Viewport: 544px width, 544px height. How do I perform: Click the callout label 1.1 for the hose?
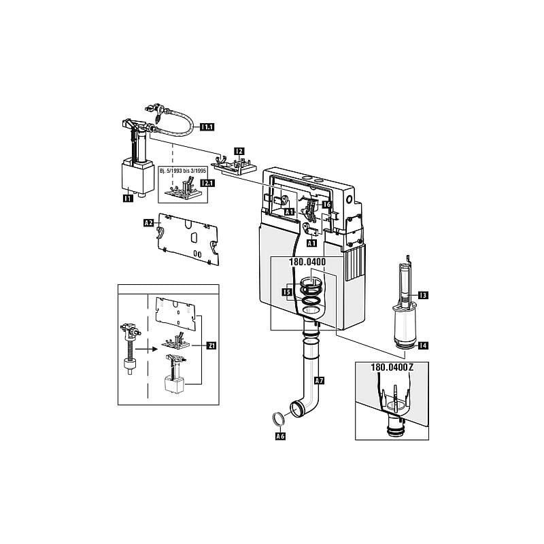pyautogui.click(x=205, y=126)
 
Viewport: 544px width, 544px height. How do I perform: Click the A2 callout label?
pyautogui.click(x=148, y=222)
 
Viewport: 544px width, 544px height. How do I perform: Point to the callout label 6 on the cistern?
pyautogui.click(x=326, y=204)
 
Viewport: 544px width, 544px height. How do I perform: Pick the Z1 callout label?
pyautogui.click(x=211, y=345)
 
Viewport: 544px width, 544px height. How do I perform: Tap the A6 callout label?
pyautogui.click(x=278, y=437)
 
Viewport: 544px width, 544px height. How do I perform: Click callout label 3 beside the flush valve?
pyautogui.click(x=422, y=294)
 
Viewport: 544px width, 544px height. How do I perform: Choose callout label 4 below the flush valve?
pyautogui.click(x=423, y=345)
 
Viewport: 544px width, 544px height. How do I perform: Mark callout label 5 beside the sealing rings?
pyautogui.click(x=287, y=292)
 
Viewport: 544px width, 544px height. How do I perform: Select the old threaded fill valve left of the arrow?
pyautogui.click(x=127, y=346)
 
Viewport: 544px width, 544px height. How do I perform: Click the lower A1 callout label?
pyautogui.click(x=312, y=243)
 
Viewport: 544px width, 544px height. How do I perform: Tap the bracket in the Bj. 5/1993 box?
pyautogui.click(x=183, y=188)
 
